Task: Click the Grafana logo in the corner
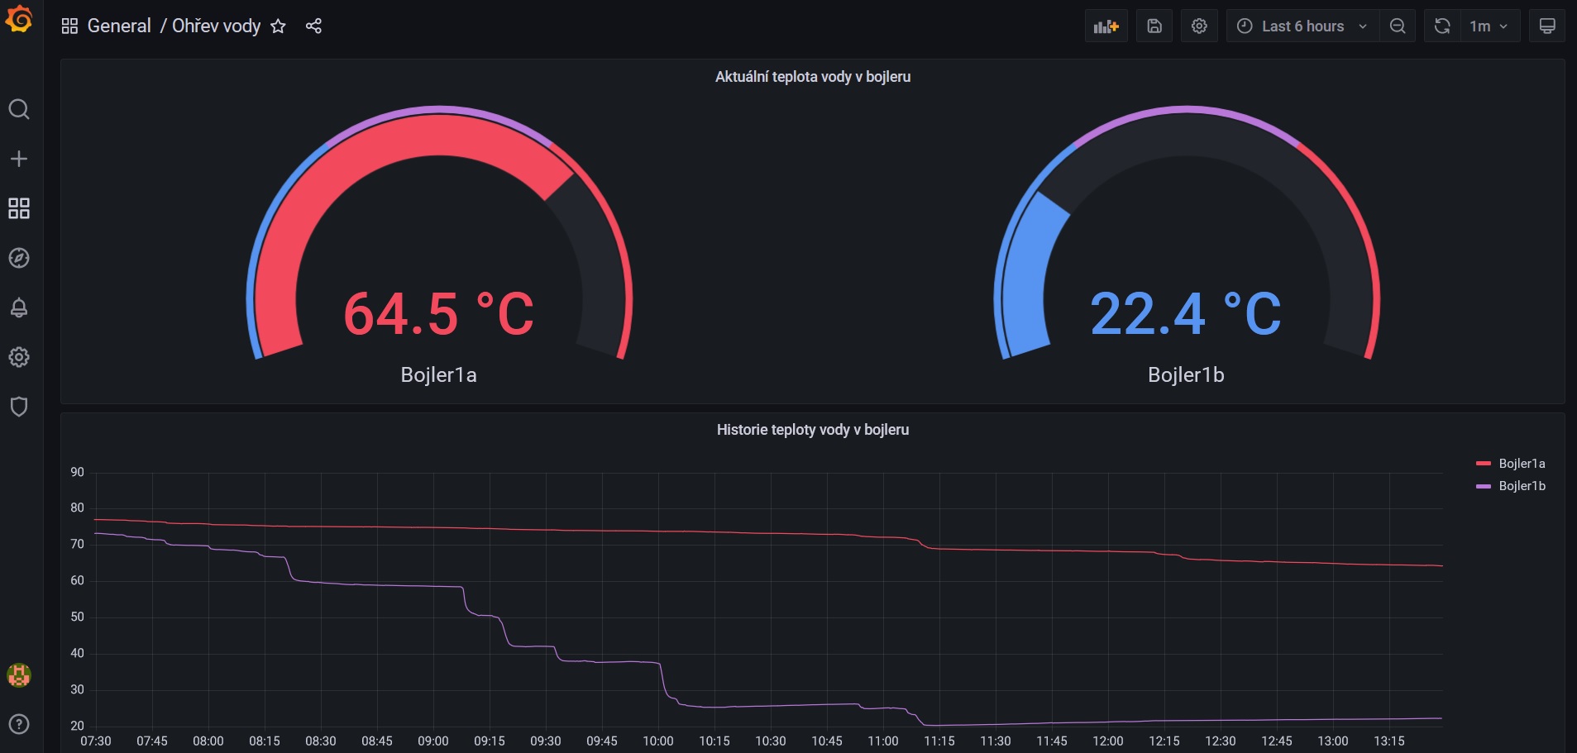(19, 18)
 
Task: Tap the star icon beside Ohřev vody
(278, 26)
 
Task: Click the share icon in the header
(313, 26)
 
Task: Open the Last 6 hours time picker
(1302, 26)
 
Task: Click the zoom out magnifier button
(1398, 26)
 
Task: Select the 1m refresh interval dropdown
(1489, 26)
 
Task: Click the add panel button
(1106, 26)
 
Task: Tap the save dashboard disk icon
(1154, 26)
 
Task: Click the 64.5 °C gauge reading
(438, 314)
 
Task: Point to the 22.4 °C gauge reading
(1186, 314)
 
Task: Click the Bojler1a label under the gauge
(438, 375)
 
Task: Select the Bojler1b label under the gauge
(1186, 375)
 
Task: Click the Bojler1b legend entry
(1511, 486)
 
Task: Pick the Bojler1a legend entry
(1511, 464)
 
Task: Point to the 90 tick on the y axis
(78, 472)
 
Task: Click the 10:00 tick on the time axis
(658, 741)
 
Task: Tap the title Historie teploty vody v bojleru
(813, 430)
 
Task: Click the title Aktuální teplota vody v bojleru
(813, 77)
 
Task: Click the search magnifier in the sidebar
(19, 109)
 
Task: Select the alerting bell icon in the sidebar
(19, 307)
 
